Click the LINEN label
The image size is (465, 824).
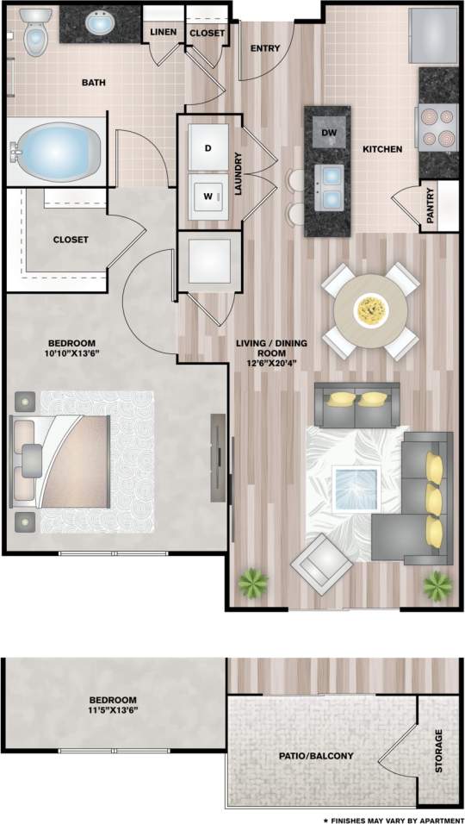click(x=163, y=33)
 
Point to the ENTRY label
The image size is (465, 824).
click(x=265, y=48)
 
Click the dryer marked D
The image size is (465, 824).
click(x=208, y=147)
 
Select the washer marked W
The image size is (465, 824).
click(x=208, y=196)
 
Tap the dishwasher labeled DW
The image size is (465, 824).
click(x=328, y=132)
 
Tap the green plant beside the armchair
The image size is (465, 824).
click(x=251, y=585)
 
